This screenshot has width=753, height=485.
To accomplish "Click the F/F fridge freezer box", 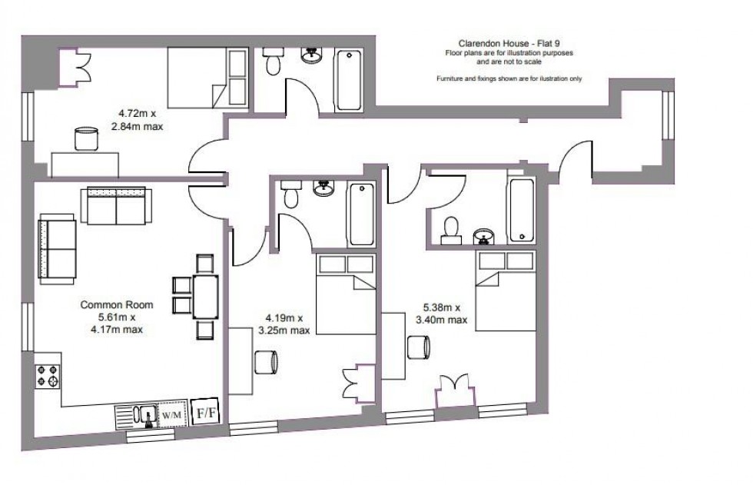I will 206,412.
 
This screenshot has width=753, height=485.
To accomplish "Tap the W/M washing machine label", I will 172,415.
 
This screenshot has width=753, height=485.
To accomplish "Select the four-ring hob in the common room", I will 47,376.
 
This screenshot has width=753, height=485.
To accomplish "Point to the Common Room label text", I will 117,305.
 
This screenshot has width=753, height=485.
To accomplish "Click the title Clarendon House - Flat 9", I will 509,45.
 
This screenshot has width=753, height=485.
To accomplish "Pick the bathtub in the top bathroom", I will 347,79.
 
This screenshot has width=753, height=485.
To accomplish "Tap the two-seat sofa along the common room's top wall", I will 116,205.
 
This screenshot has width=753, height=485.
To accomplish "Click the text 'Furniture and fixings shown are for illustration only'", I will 509,79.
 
